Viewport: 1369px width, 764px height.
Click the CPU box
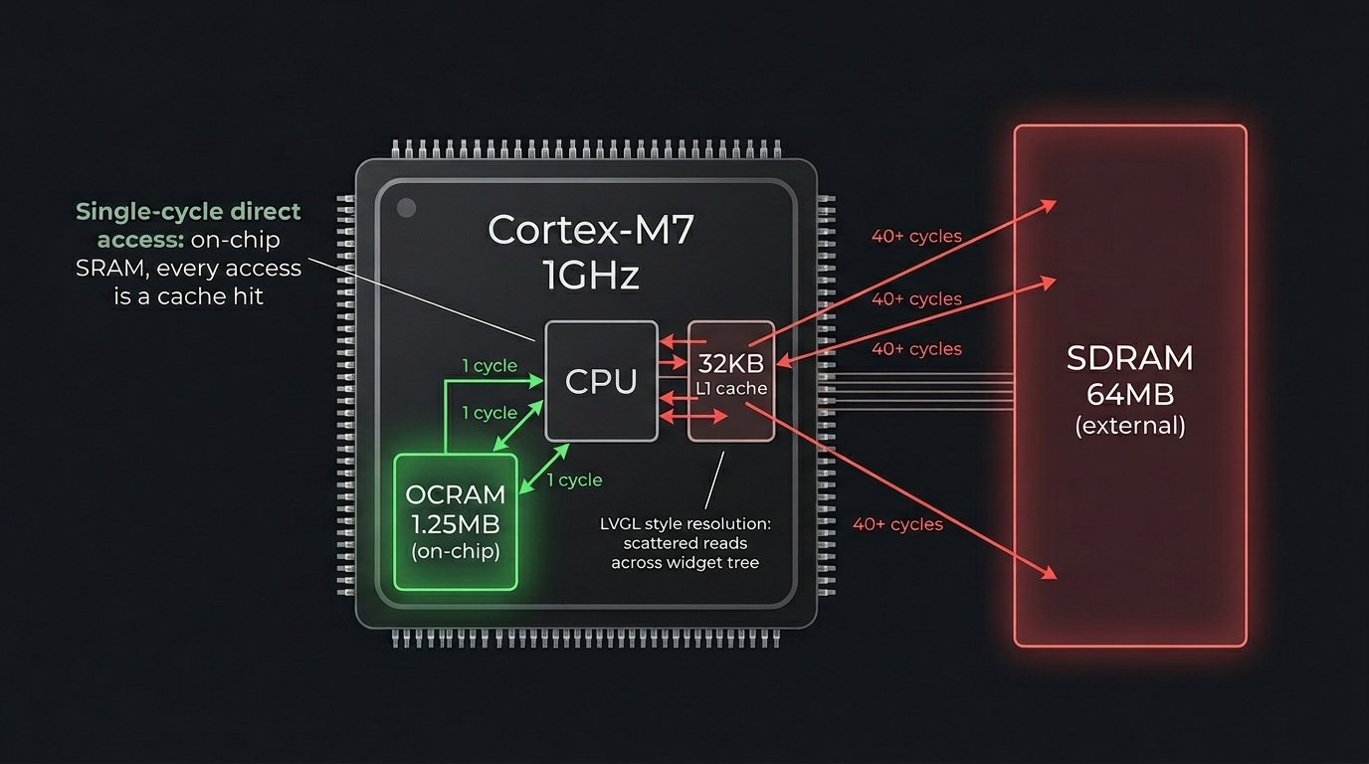(x=601, y=381)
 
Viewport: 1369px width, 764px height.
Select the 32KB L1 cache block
(x=731, y=381)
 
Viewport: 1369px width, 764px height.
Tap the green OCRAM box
(x=456, y=522)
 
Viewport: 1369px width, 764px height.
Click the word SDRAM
(x=1129, y=358)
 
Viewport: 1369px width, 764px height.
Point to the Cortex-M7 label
(x=590, y=230)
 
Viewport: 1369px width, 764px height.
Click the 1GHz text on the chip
(x=590, y=276)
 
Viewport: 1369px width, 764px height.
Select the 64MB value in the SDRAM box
(x=1129, y=394)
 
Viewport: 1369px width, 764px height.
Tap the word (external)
(x=1129, y=427)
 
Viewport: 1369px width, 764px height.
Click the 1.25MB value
(x=455, y=524)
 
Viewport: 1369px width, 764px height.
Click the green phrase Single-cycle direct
(x=188, y=212)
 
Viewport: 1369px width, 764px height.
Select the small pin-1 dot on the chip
(x=406, y=208)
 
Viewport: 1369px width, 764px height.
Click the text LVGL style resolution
(x=685, y=523)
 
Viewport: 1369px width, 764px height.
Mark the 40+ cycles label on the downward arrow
(x=897, y=523)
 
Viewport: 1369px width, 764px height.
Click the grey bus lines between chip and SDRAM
(x=915, y=391)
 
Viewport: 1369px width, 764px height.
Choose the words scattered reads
(x=684, y=543)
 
